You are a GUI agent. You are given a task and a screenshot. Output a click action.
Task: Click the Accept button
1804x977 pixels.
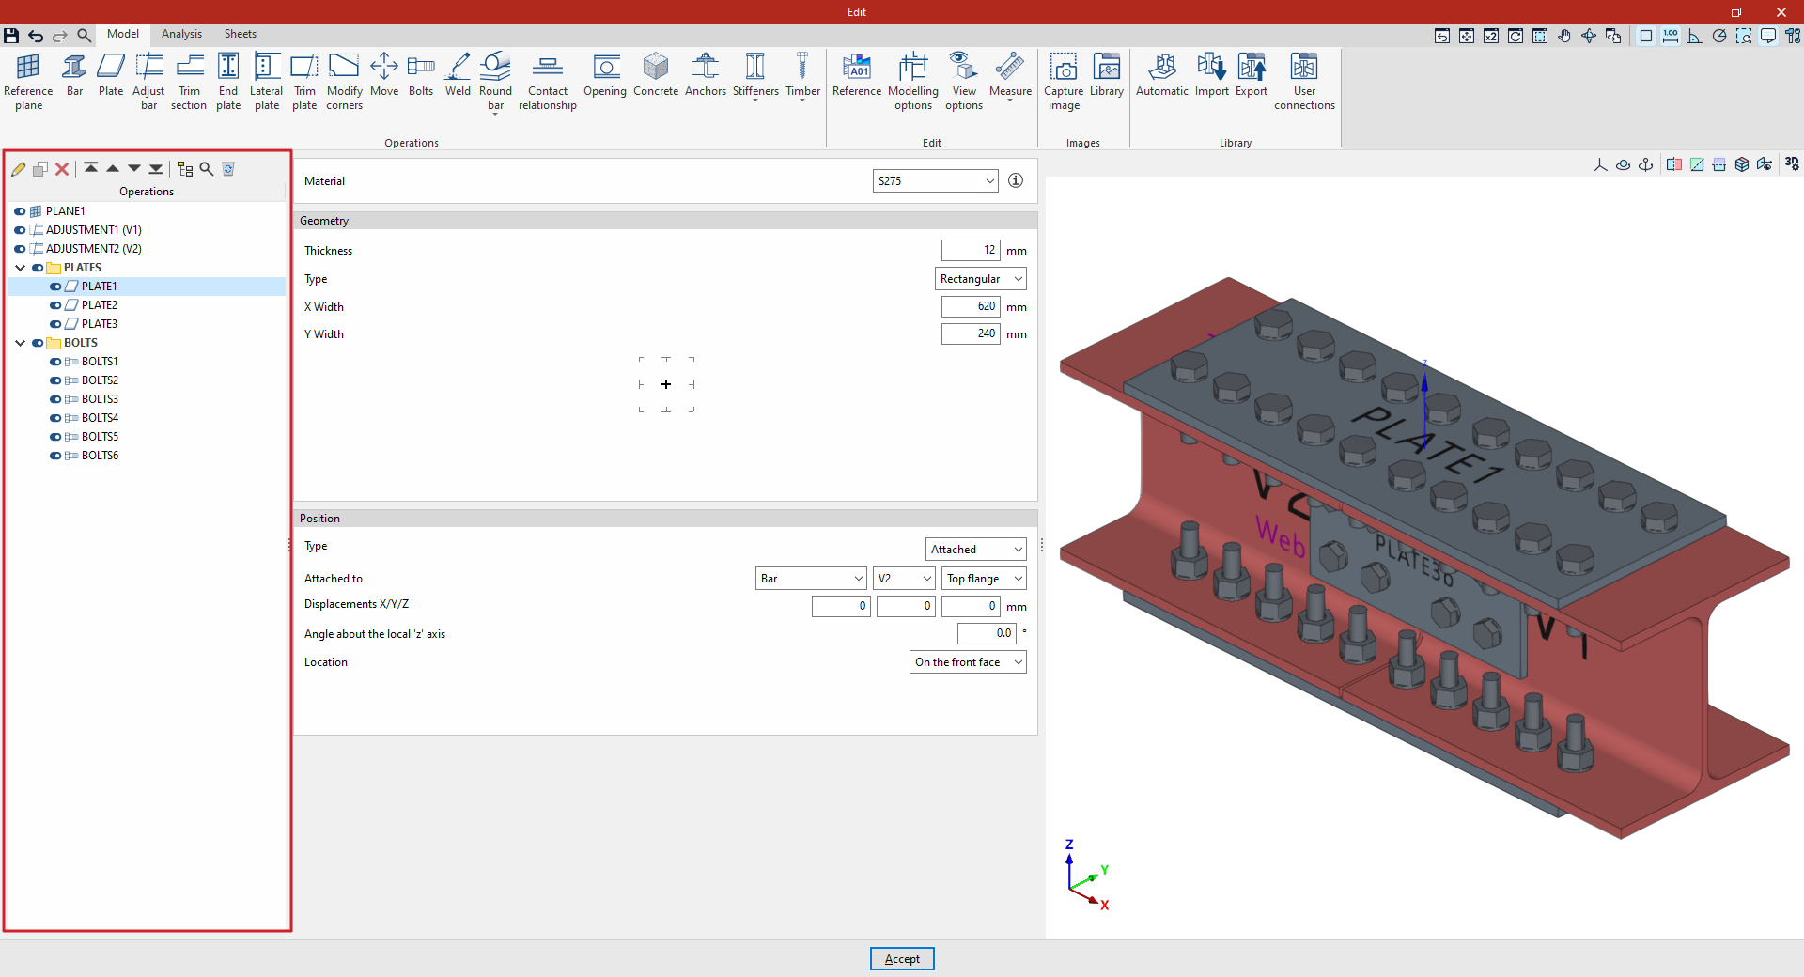point(902,958)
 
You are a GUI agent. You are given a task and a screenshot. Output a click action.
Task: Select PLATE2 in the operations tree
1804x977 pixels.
point(100,305)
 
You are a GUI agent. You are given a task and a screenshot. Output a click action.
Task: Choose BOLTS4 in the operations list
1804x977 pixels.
point(100,418)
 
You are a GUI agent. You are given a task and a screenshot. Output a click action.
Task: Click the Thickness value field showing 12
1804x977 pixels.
point(971,250)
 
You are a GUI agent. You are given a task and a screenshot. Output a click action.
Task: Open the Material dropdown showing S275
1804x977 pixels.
point(935,180)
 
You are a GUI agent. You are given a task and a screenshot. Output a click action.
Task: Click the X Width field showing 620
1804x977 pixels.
point(971,306)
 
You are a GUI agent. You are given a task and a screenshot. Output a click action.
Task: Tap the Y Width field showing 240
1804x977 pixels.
point(971,333)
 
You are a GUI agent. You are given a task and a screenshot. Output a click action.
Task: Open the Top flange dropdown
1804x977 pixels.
point(984,579)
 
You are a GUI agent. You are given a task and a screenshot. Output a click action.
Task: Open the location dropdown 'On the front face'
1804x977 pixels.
point(968,662)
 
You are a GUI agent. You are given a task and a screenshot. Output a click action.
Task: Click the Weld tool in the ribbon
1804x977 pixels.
point(458,75)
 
